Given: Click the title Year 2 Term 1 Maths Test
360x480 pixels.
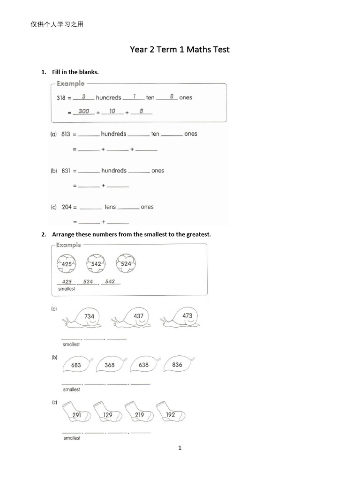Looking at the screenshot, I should tap(180, 49).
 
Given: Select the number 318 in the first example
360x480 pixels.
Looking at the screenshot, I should tap(61, 98).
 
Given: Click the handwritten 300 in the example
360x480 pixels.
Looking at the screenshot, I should tap(84, 111).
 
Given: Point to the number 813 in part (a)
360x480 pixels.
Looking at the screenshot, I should tap(65, 134).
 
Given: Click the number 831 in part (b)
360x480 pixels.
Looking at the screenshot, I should tap(66, 171).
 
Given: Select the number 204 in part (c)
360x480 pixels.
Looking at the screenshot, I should tap(67, 207).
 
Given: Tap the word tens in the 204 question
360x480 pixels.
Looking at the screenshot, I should tap(110, 207).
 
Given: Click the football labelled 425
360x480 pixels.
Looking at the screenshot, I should tap(67, 264).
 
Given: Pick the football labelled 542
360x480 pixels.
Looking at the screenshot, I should tap(96, 264).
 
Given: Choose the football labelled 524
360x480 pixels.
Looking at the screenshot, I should tap(126, 263).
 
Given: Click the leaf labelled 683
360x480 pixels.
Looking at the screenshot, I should tap(76, 365).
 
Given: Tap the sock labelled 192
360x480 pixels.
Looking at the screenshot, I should tap(170, 412).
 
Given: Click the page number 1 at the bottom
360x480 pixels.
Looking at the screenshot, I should tap(180, 448).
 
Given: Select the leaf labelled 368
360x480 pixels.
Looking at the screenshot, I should tap(110, 365).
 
